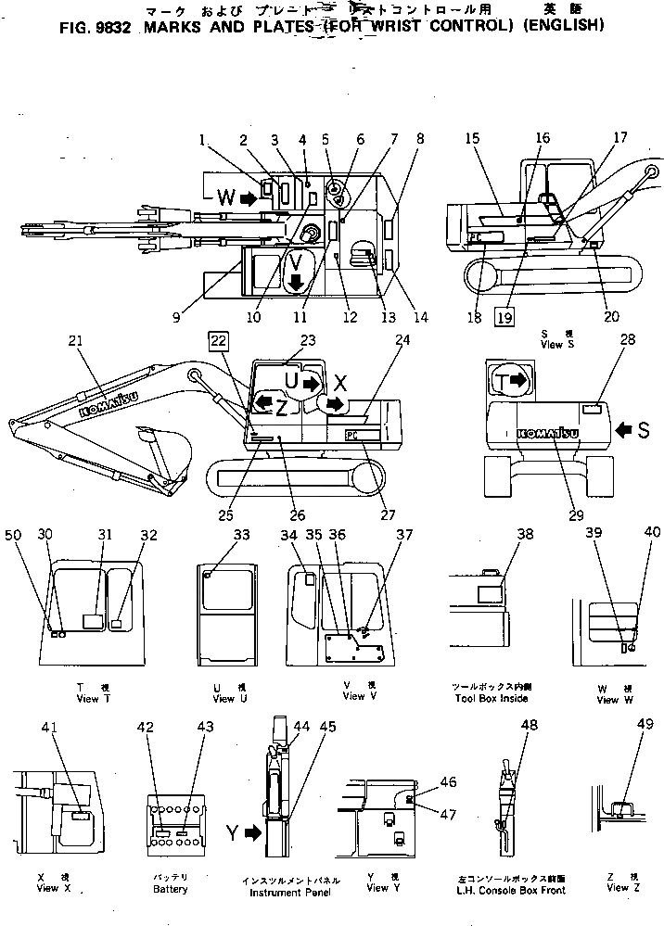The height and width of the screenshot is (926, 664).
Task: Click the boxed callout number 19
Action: coord(504,316)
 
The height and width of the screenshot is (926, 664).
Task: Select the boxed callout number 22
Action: coord(216,342)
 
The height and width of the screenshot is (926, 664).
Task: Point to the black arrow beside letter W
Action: coord(248,197)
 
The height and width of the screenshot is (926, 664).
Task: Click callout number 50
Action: coord(12,535)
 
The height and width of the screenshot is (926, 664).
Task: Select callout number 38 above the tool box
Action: coord(525,535)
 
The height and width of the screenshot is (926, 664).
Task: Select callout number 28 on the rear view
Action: coord(628,342)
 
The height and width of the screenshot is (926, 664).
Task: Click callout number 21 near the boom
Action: coord(75,342)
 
